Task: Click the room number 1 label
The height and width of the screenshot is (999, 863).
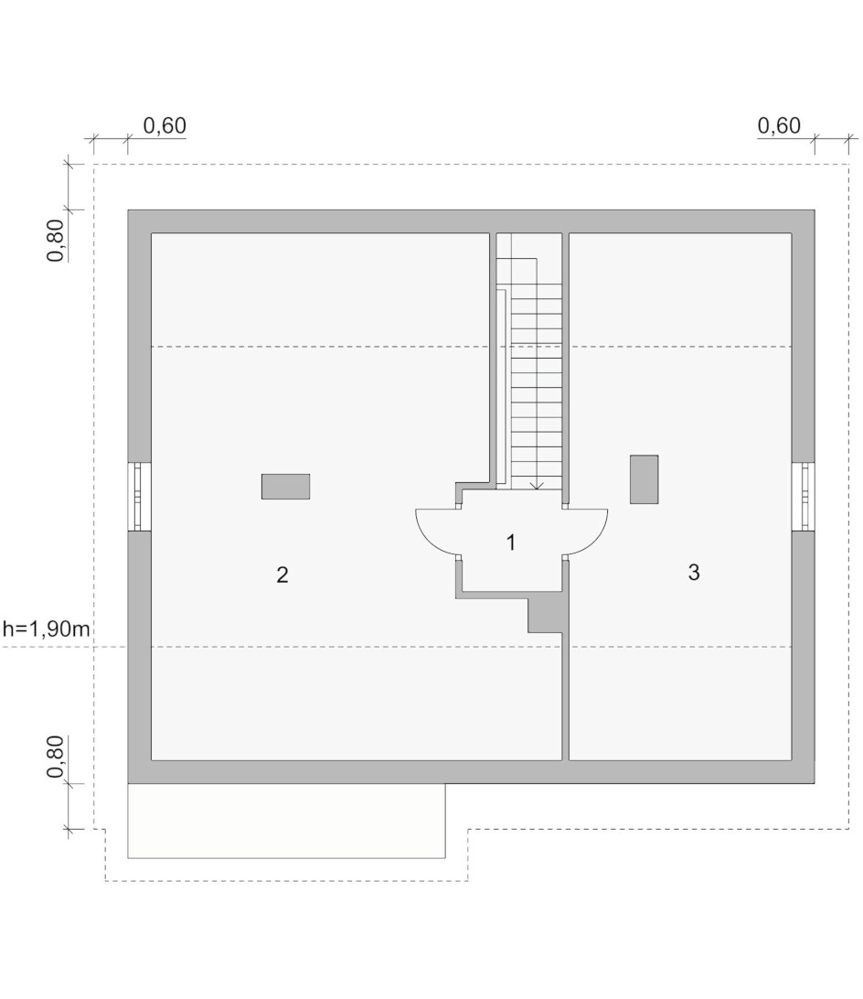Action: pos(510,542)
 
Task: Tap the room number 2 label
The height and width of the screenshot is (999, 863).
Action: pos(282,575)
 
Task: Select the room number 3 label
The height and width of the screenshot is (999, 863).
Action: pos(694,572)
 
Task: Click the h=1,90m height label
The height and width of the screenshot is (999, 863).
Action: pos(47,628)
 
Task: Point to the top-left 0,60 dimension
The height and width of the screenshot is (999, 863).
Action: pos(165,125)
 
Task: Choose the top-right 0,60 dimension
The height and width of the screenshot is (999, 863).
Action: pos(779,125)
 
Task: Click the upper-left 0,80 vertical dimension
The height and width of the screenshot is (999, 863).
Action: pos(56,241)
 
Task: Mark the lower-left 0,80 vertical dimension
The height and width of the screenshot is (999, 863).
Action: pos(56,757)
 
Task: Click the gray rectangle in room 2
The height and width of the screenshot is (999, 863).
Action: pos(285,486)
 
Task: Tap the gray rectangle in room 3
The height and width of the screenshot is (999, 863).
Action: pos(644,479)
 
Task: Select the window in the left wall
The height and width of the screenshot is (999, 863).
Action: pos(139,497)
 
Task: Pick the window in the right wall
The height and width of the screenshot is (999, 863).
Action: pos(804,497)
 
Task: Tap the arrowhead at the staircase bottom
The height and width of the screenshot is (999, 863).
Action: pos(537,486)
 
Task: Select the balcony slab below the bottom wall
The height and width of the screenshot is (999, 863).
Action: pos(287,821)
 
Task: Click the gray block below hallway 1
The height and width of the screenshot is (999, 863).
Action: pos(545,612)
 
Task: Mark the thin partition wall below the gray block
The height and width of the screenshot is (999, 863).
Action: pos(565,696)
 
